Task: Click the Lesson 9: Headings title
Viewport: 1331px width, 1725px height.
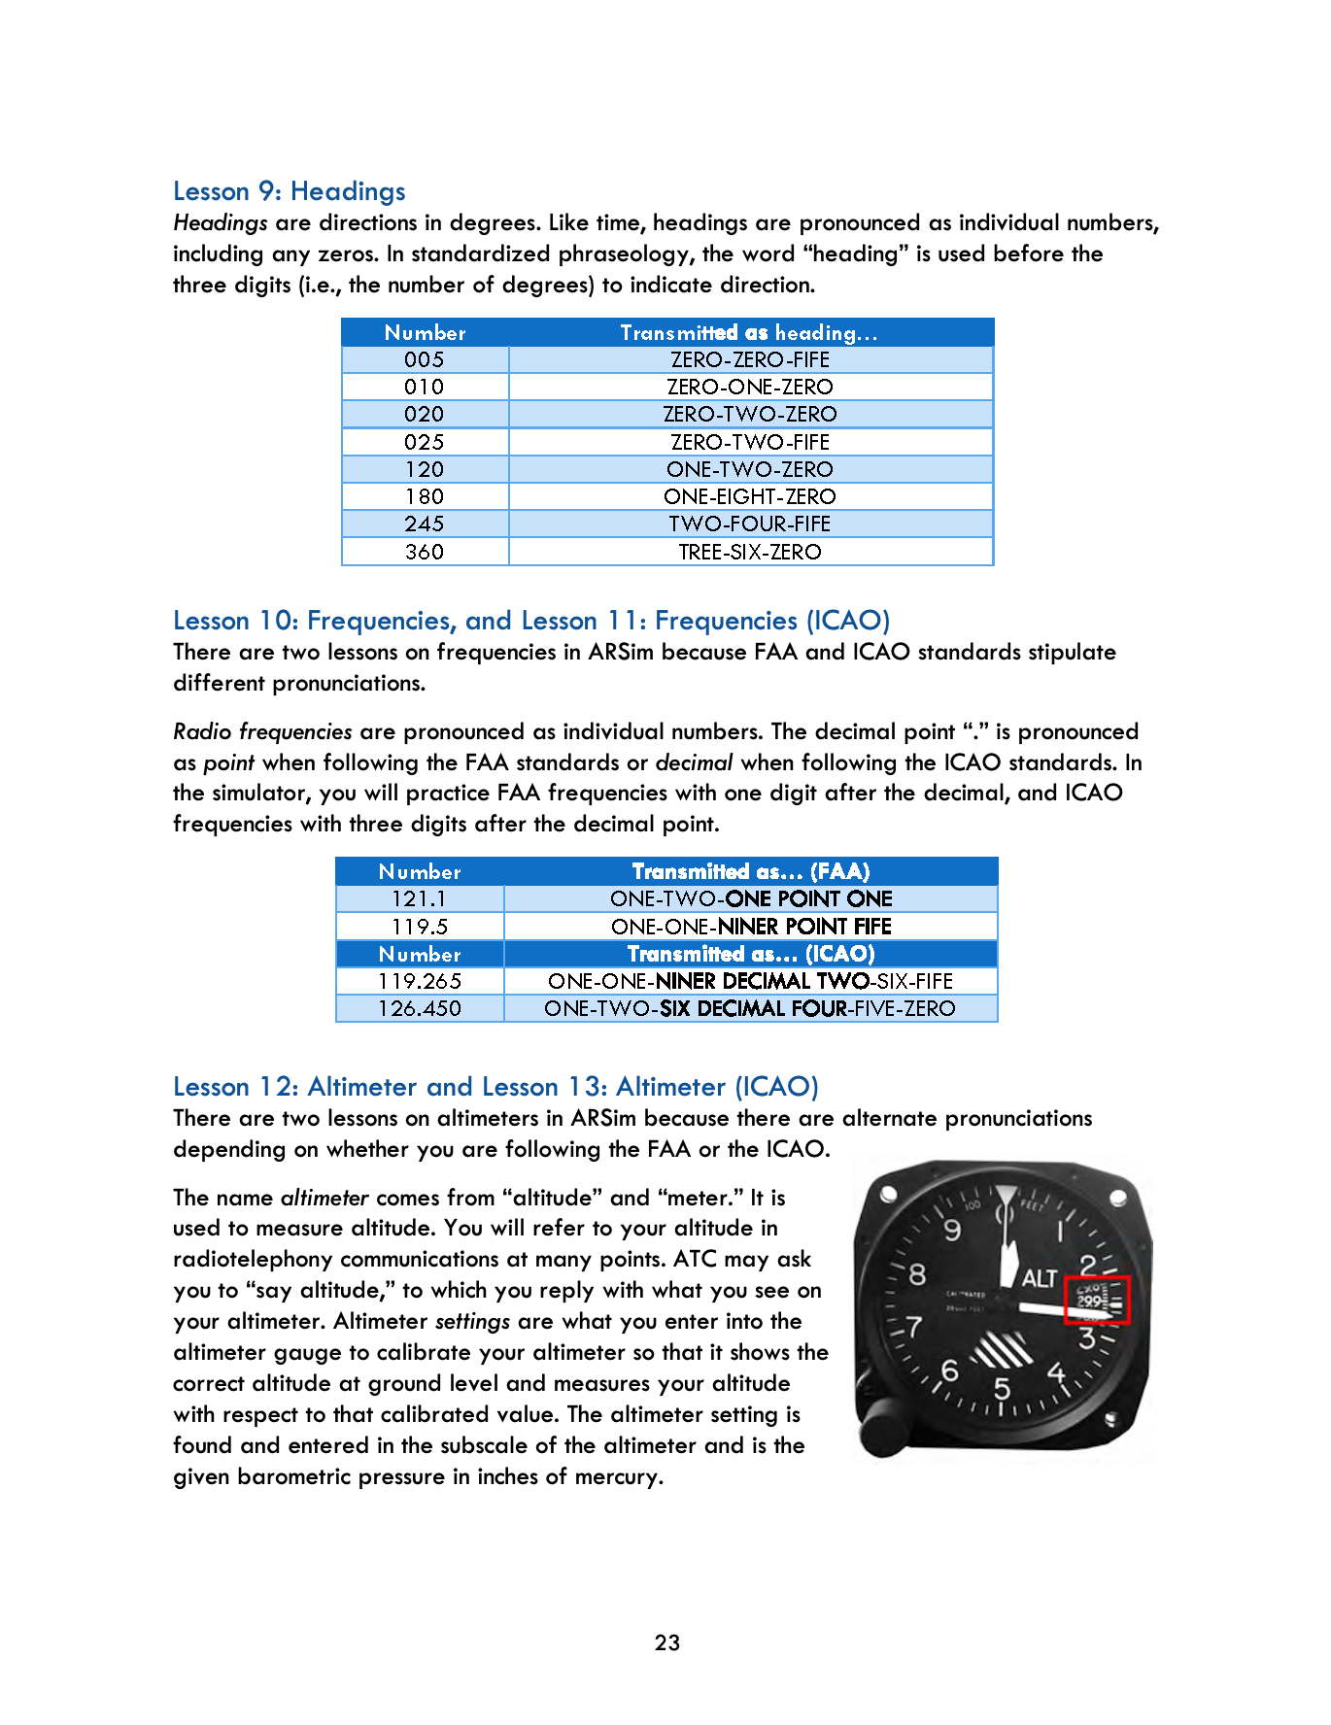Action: point(289,191)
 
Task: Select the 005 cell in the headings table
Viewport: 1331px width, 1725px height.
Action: point(425,359)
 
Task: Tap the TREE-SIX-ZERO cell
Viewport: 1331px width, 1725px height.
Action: point(749,552)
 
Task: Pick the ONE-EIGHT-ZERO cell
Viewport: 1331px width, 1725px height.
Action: point(749,496)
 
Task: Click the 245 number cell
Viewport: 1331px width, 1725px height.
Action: point(425,524)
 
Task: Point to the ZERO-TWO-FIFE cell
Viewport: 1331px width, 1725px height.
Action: point(749,442)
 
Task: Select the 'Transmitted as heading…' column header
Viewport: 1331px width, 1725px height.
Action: point(749,332)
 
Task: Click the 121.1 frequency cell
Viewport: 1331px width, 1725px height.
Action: point(419,898)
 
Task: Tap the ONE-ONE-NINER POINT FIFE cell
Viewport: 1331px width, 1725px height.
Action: point(750,927)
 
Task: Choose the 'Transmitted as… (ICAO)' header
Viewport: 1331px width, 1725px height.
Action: point(750,954)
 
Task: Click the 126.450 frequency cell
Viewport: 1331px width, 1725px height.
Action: point(419,1008)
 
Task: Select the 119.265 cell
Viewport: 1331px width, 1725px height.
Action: point(419,981)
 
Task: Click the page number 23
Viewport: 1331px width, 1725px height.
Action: point(666,1642)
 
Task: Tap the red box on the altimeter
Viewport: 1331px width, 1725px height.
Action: point(1097,1300)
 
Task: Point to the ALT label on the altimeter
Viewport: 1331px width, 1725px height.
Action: point(1039,1278)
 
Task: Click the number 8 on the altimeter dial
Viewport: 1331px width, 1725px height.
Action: point(917,1272)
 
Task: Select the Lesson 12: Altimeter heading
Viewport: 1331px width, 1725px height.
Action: point(495,1087)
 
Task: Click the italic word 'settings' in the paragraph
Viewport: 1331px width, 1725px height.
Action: point(472,1321)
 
